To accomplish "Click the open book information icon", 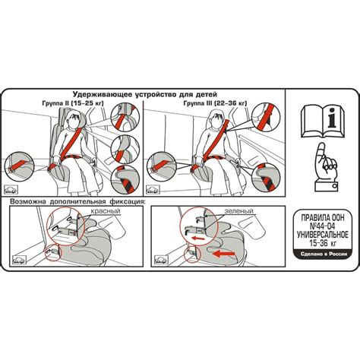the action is click(x=323, y=122).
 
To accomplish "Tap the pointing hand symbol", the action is click(x=325, y=167).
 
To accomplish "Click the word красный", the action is click(x=106, y=211).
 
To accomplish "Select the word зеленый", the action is click(x=238, y=211).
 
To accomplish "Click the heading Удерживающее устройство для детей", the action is click(x=145, y=94).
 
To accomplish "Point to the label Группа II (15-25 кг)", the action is click(x=73, y=103).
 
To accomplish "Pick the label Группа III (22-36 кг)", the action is click(x=215, y=103).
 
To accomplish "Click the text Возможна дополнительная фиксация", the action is click(x=78, y=202).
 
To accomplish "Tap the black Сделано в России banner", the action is click(x=324, y=254).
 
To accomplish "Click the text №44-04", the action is click(x=323, y=226).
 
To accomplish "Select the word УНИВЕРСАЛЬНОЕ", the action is click(x=323, y=235).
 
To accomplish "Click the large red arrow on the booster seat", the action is click(x=224, y=253).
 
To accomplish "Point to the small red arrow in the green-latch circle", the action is click(x=198, y=238).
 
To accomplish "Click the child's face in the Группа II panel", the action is click(x=74, y=121).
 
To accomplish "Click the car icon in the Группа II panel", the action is click(x=11, y=190).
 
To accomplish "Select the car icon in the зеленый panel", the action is click(x=161, y=260).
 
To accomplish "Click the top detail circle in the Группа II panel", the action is click(x=125, y=117).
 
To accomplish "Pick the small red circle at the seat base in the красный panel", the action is click(x=52, y=253).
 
